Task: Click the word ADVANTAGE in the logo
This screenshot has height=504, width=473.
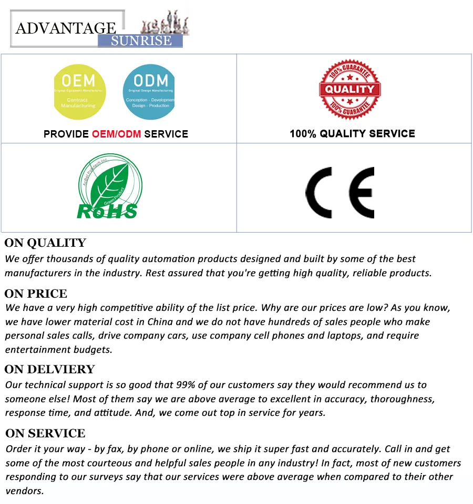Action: tap(66, 28)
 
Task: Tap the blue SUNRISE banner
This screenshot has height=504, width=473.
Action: tap(141, 41)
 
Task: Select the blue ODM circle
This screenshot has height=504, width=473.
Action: tap(148, 92)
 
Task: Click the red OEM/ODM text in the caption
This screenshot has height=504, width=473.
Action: tap(116, 134)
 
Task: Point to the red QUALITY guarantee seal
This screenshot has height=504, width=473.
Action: tap(350, 89)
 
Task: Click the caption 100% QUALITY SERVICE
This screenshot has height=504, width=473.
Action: tap(352, 133)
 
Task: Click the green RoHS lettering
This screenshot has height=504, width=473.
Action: tap(107, 211)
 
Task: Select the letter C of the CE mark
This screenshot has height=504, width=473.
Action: tap(320, 193)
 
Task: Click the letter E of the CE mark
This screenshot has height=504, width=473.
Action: tap(361, 193)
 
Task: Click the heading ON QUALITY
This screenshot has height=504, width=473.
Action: tap(45, 243)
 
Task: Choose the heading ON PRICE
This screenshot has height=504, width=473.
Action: tap(36, 293)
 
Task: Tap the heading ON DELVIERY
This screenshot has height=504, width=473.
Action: tap(50, 370)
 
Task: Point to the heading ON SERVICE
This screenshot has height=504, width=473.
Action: tap(45, 434)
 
